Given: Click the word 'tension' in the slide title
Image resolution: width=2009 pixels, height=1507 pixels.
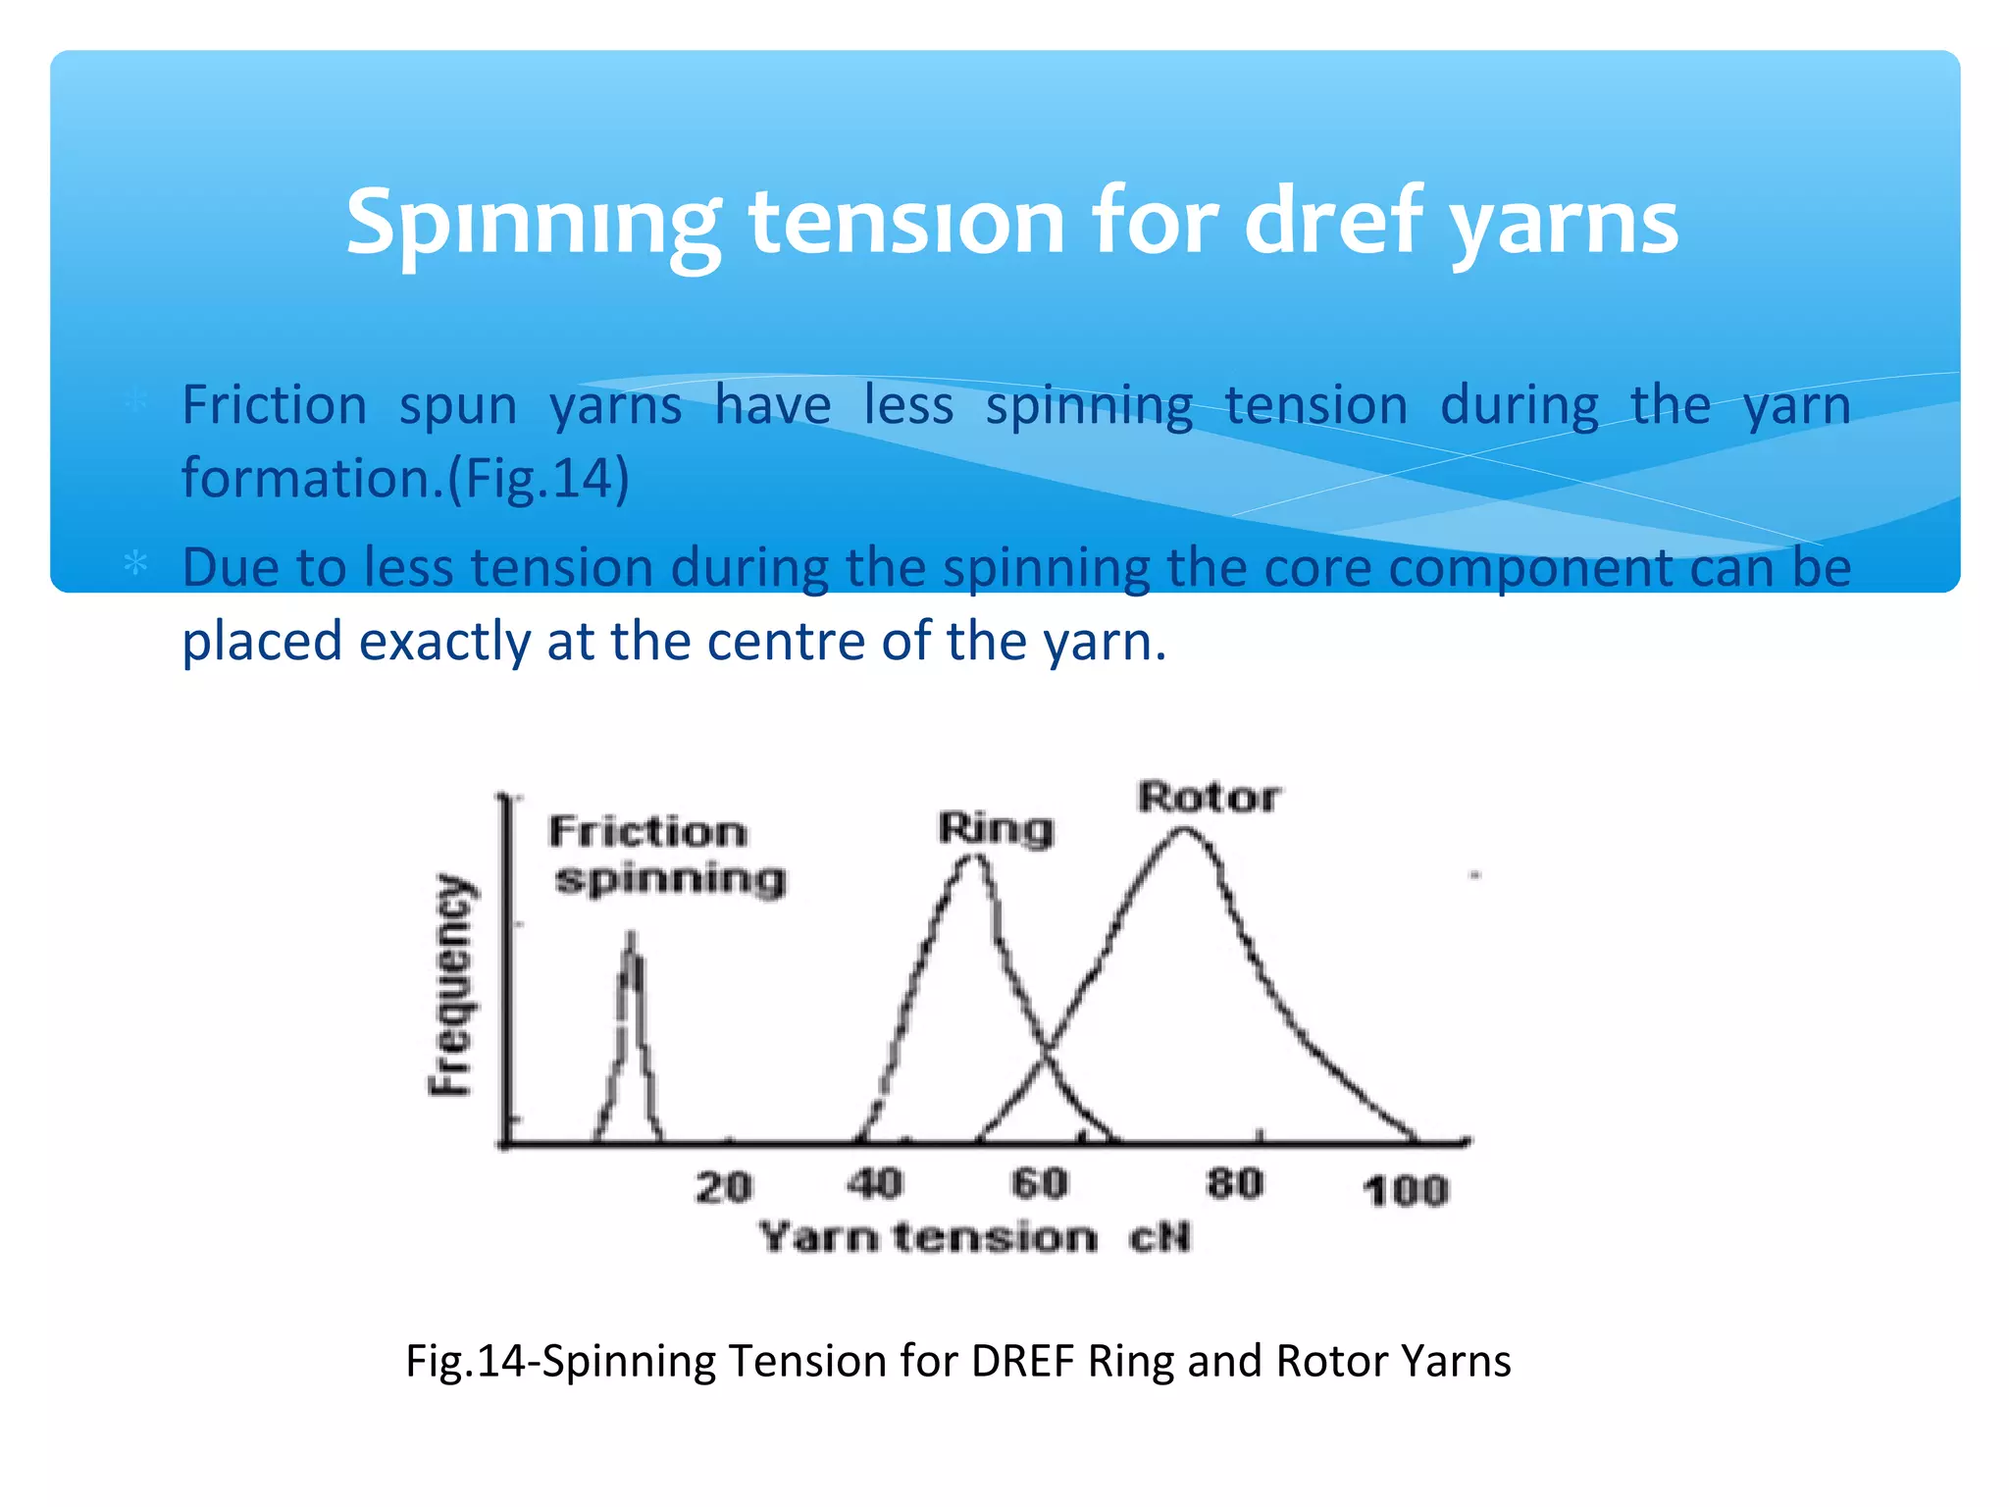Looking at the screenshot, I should [906, 222].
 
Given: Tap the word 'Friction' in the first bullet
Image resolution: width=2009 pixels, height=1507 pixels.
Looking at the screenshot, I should [275, 405].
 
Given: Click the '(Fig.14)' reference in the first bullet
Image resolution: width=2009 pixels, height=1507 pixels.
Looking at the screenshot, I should [539, 479].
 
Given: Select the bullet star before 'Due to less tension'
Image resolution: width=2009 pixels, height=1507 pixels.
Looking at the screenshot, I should [135, 563].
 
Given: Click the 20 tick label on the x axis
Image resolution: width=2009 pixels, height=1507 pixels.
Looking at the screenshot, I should [724, 1187].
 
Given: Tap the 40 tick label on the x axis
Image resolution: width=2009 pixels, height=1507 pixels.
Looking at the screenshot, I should [874, 1183].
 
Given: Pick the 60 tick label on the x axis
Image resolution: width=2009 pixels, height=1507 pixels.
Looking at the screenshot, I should [1040, 1183].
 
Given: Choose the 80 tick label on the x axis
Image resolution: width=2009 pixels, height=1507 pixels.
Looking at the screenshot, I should [1234, 1183].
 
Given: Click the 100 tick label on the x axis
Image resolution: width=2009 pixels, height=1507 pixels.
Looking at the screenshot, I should [1406, 1191].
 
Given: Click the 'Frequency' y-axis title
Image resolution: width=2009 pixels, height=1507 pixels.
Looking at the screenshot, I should [452, 984].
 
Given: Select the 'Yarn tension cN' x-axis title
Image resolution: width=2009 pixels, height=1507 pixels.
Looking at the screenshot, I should [975, 1237].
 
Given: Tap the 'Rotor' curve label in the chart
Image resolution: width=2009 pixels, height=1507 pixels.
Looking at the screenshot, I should [1209, 797].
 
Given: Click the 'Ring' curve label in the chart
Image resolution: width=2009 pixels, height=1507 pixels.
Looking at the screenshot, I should [996, 829].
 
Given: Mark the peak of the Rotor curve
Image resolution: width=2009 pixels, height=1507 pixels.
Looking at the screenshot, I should [1184, 831].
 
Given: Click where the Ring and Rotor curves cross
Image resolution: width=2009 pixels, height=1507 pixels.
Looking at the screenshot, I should [1044, 1053].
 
